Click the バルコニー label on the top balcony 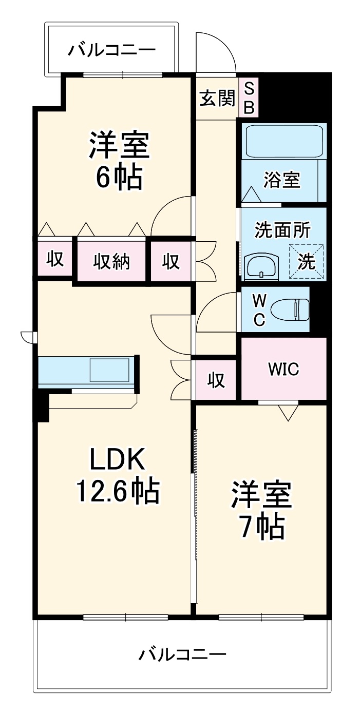(111, 50)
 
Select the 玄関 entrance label (217, 98)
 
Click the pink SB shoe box (249, 98)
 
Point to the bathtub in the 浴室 (283, 142)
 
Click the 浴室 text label (282, 180)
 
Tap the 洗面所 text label (282, 230)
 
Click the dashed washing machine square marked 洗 (307, 261)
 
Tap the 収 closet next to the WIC (216, 380)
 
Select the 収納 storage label (111, 261)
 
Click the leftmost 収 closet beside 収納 (55, 259)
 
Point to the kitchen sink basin (109, 370)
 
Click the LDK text (118, 459)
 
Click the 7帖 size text (262, 525)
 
